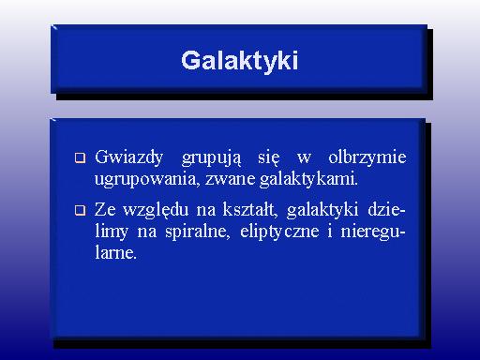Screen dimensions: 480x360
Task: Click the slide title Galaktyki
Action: coord(239,61)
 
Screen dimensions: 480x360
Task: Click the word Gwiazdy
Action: coord(128,157)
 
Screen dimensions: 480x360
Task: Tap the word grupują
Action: coord(212,158)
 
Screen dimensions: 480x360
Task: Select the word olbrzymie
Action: coord(367,157)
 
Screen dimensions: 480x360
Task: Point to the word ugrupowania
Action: coord(147,180)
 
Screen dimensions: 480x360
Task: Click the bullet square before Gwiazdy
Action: coord(80,157)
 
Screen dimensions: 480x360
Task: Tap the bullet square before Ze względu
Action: coord(80,210)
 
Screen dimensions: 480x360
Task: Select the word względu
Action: coord(156,210)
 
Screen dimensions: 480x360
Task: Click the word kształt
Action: coord(250,210)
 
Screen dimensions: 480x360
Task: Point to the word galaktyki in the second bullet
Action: coord(322,210)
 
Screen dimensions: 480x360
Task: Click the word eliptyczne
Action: coord(279,232)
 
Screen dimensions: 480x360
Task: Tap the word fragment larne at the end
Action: coord(116,252)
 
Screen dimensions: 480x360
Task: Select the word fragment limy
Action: coord(112,232)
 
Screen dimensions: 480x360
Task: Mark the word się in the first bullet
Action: coord(269,158)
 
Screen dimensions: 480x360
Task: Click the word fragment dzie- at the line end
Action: coord(386,209)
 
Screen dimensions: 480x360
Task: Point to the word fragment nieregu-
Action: coord(373,232)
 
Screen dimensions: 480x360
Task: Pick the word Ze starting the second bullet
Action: coord(105,210)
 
